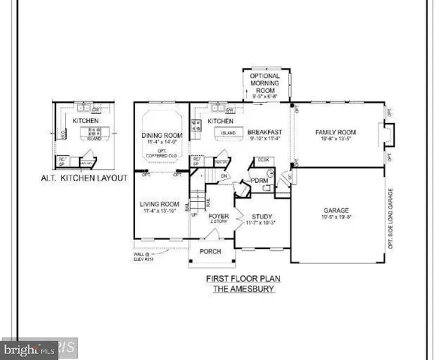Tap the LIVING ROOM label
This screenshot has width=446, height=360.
click(159, 203)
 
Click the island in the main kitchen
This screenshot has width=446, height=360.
click(227, 133)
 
